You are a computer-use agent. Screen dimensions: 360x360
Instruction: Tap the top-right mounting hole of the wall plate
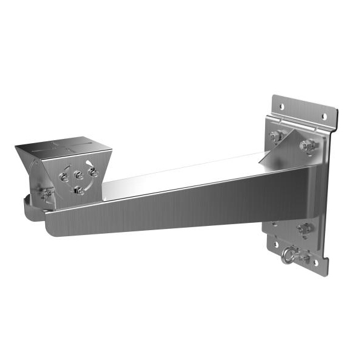[323, 116]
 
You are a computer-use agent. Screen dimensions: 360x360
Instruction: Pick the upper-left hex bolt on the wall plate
[274, 137]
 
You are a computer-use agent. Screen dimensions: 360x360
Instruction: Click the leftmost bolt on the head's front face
[63, 178]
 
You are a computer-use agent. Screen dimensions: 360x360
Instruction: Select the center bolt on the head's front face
[78, 176]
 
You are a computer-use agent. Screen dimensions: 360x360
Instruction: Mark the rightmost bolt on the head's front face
[92, 172]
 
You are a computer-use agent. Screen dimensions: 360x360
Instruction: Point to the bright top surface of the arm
[181, 175]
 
